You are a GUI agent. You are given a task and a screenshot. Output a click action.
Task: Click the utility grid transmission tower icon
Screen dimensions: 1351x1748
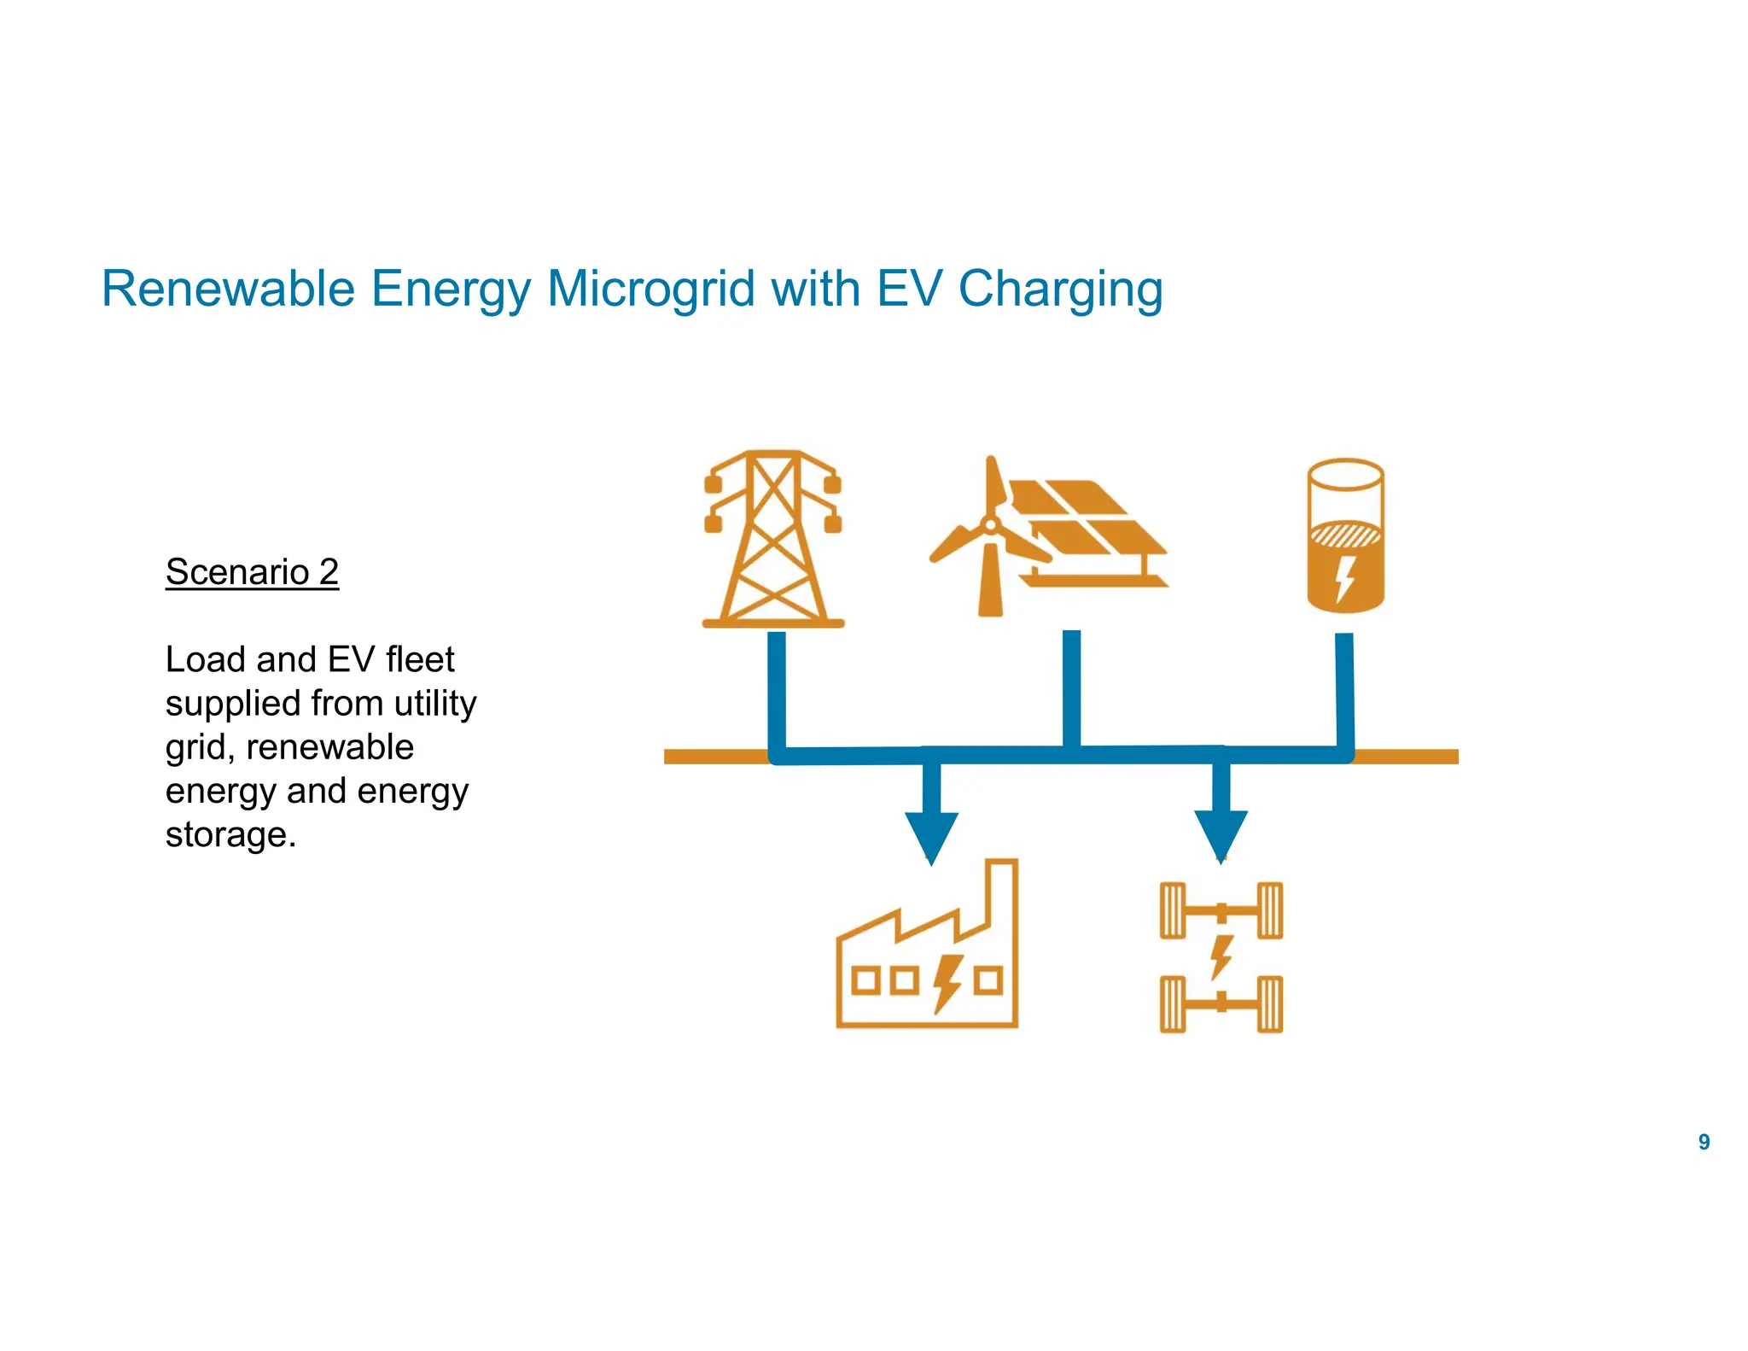pyautogui.click(x=773, y=540)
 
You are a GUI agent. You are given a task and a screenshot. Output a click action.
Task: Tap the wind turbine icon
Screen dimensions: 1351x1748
pyautogui.click(x=990, y=538)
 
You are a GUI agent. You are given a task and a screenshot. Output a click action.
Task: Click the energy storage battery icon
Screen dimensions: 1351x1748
pyautogui.click(x=1345, y=536)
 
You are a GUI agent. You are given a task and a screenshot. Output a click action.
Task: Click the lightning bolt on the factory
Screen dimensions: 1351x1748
pyautogui.click(x=947, y=983)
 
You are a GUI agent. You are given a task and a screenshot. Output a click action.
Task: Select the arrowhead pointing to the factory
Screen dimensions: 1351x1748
pyautogui.click(x=931, y=836)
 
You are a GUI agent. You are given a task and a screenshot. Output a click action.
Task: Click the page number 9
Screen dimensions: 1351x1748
pyautogui.click(x=1704, y=1142)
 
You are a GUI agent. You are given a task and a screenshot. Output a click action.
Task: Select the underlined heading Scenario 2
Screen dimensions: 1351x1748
pyautogui.click(x=252, y=572)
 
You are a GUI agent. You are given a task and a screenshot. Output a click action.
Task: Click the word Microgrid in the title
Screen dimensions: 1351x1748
pyautogui.click(x=650, y=289)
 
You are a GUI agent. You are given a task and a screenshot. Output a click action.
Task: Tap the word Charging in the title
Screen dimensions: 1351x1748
pyautogui.click(x=1060, y=289)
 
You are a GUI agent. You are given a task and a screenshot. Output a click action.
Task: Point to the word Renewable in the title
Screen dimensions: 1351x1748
pyautogui.click(x=228, y=289)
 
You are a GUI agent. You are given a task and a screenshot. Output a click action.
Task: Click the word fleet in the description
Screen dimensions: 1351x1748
pyautogui.click(x=420, y=660)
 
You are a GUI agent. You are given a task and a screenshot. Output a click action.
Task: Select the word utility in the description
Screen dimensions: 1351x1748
pyautogui.click(x=435, y=704)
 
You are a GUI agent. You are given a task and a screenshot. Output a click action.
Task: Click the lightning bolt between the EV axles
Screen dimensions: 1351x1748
pyautogui.click(x=1221, y=956)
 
